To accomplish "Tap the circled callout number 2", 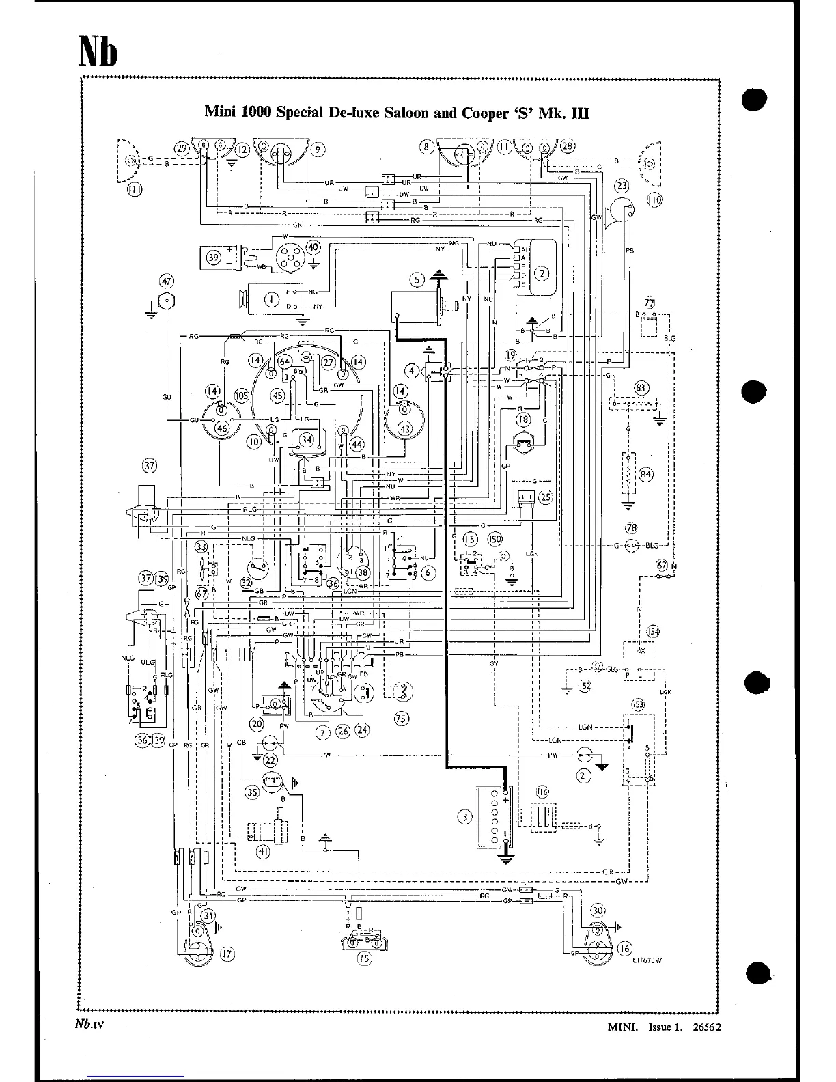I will pyautogui.click(x=542, y=274).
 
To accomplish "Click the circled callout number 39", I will pyautogui.click(x=214, y=258).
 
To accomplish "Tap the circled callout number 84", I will pyautogui.click(x=645, y=474).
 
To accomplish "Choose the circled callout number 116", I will pyautogui.click(x=542, y=792).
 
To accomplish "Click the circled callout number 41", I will pyautogui.click(x=262, y=852).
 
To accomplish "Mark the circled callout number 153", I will pyautogui.click(x=639, y=704).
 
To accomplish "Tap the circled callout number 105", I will pyautogui.click(x=241, y=396).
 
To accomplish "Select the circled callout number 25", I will pyautogui.click(x=545, y=497).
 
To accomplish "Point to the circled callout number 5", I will pyautogui.click(x=418, y=279).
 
